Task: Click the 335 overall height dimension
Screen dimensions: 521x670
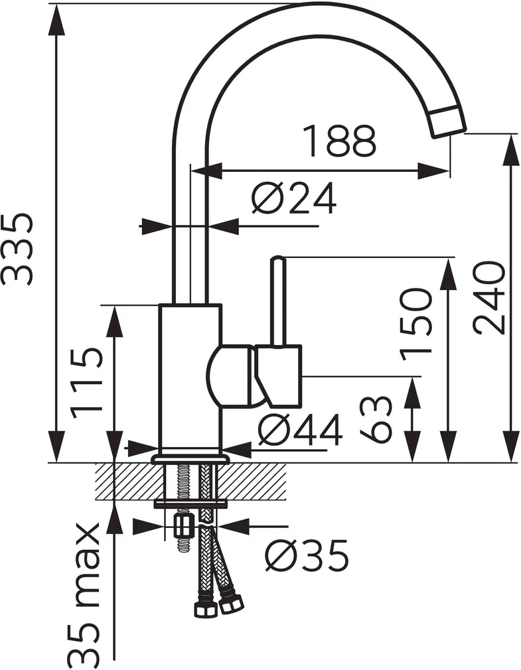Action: coord(17,249)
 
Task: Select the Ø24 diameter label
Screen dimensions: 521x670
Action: coord(294,199)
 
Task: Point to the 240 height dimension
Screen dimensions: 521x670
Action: coord(489,299)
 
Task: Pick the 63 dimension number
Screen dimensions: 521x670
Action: coord(376,419)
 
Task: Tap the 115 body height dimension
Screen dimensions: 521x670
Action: coord(87,383)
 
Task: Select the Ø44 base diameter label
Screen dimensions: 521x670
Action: coord(300,430)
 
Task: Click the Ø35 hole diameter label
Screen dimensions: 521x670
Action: coord(307,555)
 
